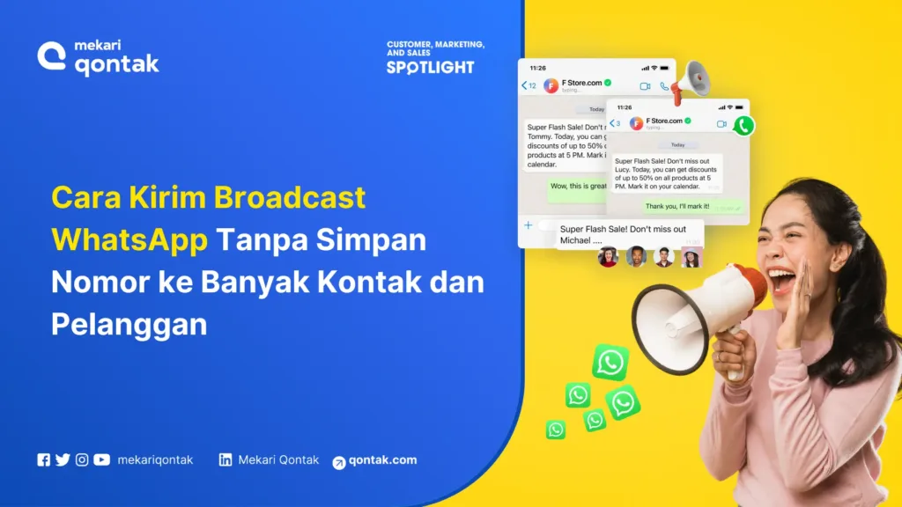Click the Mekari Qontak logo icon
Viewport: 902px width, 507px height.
click(x=52, y=56)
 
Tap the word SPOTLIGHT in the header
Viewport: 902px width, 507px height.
click(x=430, y=68)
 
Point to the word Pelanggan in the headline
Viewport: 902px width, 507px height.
click(x=129, y=324)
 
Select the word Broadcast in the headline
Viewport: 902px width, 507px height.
click(x=290, y=197)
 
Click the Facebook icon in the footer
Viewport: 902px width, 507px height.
click(x=44, y=459)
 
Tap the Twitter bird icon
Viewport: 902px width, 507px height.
click(x=63, y=459)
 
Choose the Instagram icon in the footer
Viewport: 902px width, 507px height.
click(x=82, y=459)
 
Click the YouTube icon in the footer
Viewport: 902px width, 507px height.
click(x=102, y=459)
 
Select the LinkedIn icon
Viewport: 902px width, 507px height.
click(x=225, y=459)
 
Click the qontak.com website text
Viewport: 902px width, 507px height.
click(x=382, y=460)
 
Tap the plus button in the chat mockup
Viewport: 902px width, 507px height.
click(x=529, y=225)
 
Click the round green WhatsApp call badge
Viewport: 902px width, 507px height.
click(x=744, y=125)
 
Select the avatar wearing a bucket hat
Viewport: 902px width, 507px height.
click(x=691, y=256)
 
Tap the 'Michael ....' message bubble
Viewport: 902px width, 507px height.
click(x=629, y=234)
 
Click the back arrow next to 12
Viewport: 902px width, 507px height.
click(x=525, y=85)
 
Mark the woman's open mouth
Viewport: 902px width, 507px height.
click(x=782, y=281)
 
